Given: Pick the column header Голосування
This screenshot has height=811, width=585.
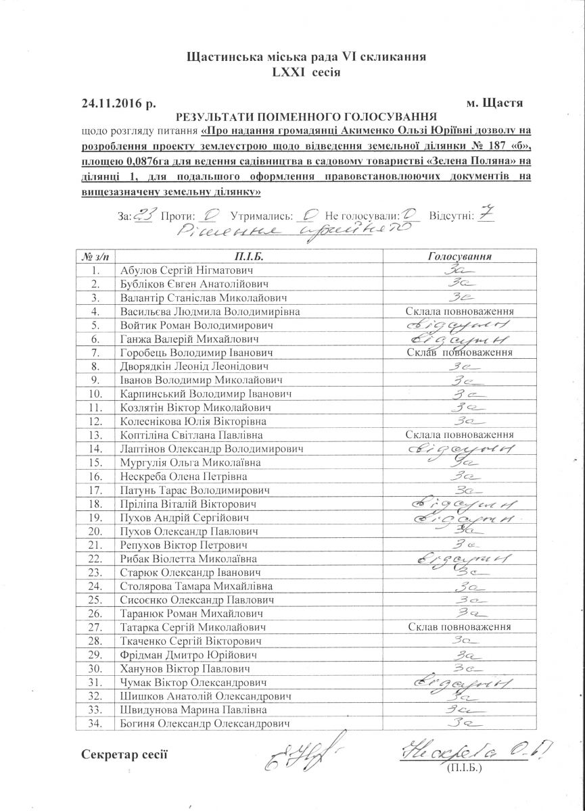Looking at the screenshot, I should (x=460, y=256).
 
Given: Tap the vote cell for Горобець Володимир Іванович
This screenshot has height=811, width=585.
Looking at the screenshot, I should (x=460, y=353).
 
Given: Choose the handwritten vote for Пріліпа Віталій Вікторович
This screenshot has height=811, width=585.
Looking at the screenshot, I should (x=460, y=503).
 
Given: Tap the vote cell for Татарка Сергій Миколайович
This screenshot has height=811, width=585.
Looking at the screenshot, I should (x=460, y=627).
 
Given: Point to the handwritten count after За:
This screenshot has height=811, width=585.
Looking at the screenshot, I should (x=143, y=216).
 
